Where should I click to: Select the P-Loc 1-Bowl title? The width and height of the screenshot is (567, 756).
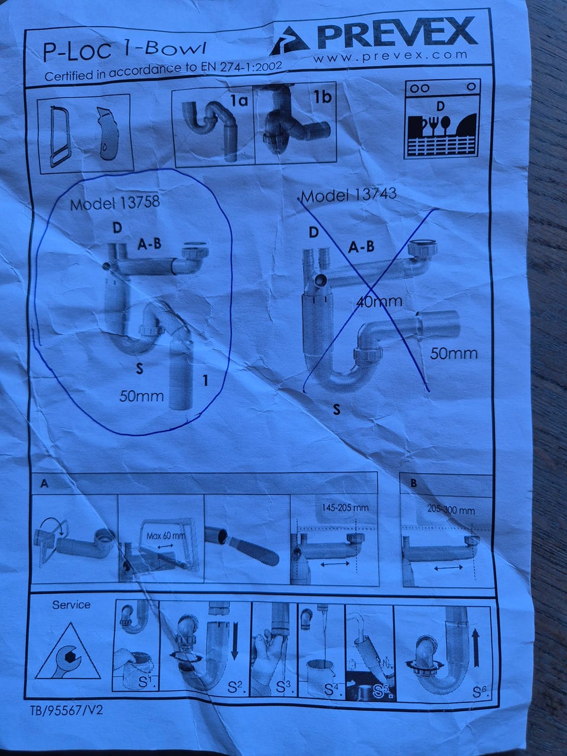(x=124, y=51)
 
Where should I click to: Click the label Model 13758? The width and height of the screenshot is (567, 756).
(x=115, y=203)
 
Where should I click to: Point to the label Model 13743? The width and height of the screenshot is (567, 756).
(x=348, y=195)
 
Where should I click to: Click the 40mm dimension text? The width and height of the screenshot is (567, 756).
(x=379, y=302)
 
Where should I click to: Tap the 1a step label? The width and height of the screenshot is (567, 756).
(x=239, y=100)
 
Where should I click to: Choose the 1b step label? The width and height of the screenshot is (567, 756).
(x=322, y=97)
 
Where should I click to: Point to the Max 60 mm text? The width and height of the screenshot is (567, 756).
(x=165, y=536)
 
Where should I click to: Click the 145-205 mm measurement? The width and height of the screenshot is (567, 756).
(x=346, y=507)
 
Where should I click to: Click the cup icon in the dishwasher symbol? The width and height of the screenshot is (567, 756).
(x=415, y=126)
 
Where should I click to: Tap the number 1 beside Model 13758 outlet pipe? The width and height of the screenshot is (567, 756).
(x=206, y=380)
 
